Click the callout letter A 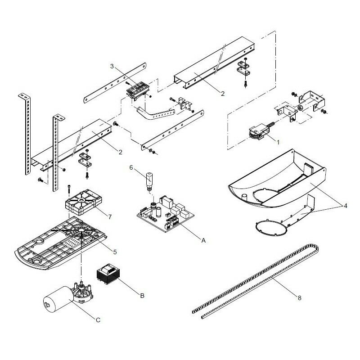pos(203,240)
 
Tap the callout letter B pos(142,296)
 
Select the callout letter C pos(98,320)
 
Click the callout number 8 pos(299,298)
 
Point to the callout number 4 pos(345,206)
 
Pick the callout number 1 pos(278,142)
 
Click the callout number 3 pos(112,66)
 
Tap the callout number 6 pos(131,167)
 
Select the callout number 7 pos(110,217)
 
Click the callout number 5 pos(115,252)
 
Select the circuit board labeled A pos(165,213)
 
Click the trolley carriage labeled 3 pos(138,91)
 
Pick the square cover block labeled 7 pos(83,202)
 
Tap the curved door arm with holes pos(156,114)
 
